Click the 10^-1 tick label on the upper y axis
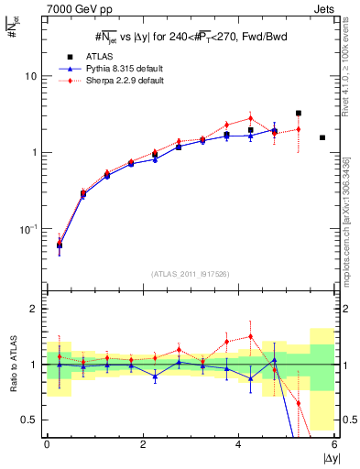click(x=30, y=228)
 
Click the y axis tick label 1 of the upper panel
click(x=37, y=152)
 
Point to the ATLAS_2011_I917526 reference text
click(x=190, y=274)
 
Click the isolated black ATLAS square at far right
click(x=322, y=137)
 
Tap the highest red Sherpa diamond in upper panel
click(x=250, y=118)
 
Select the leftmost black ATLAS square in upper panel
click(x=60, y=245)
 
